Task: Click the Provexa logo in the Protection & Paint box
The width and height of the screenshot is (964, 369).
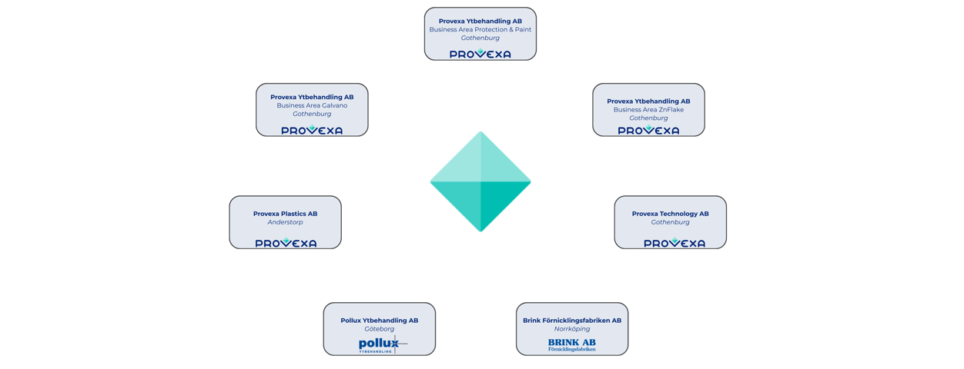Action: pos(480,54)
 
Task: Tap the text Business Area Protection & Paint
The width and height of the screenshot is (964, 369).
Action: pos(480,29)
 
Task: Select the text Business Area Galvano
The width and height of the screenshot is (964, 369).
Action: pos(312,105)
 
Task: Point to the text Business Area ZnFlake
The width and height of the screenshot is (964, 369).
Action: pos(648,110)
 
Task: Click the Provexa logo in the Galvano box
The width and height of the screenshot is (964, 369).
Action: pos(312,131)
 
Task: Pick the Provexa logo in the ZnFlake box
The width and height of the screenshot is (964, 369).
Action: pos(648,131)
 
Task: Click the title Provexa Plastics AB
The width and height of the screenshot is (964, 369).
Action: pos(285,214)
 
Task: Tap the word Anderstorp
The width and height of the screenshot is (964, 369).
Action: pos(285,222)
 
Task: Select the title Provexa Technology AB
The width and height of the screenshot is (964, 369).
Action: pos(670,214)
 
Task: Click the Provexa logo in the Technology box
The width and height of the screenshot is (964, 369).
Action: pos(674,243)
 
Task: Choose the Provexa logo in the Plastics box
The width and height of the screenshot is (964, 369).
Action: pos(286,243)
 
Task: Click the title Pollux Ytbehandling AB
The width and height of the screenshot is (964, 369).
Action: pos(379,321)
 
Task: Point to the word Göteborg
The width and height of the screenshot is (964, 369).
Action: pos(379,329)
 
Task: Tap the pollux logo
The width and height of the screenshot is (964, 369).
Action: pos(380,344)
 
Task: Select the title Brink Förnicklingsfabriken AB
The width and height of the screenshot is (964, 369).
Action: pos(571,321)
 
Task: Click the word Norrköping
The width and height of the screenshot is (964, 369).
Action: pos(571,329)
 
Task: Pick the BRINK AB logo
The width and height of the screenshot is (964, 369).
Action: pos(571,345)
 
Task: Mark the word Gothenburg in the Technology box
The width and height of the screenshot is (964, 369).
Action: pos(670,222)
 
